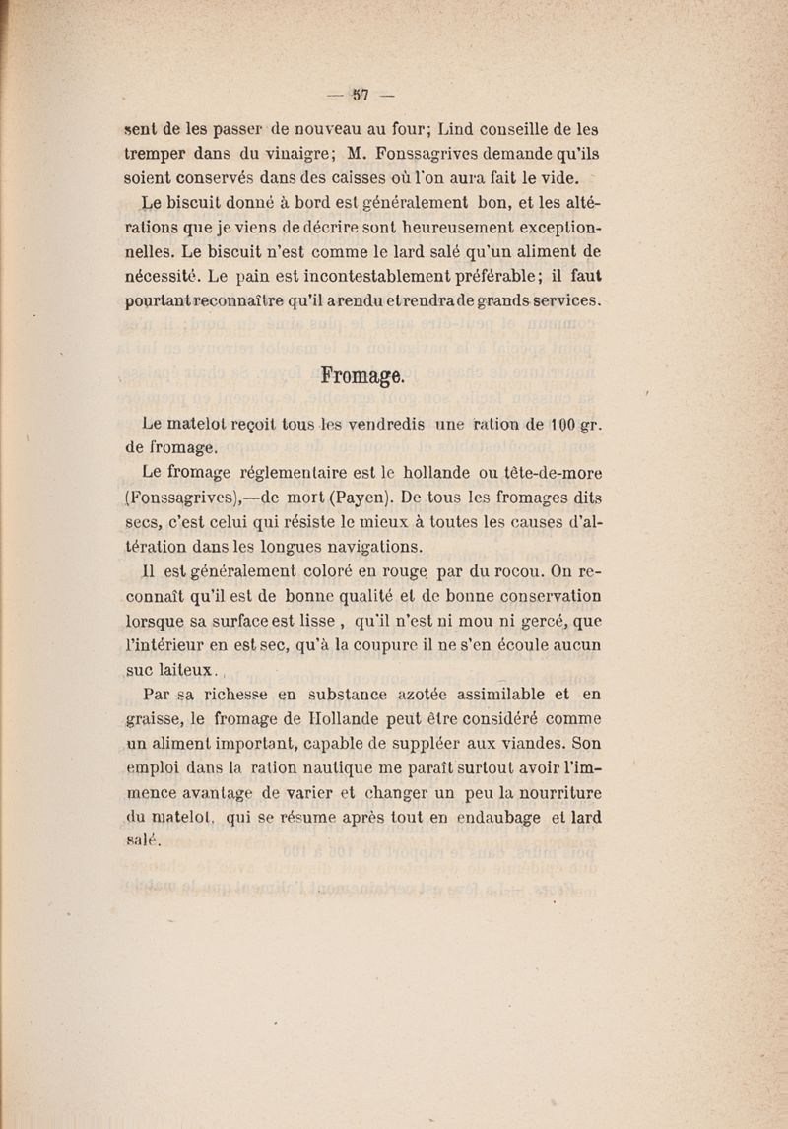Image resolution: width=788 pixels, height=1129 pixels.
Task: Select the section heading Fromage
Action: (x=362, y=376)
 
